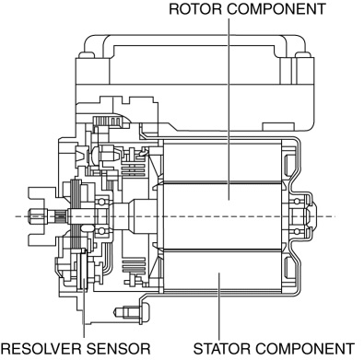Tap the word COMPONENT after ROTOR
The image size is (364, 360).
coord(276,9)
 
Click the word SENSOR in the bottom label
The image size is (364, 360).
coord(119,349)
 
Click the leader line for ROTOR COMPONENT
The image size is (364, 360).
coord(229,109)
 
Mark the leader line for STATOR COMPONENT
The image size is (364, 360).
coord(219,307)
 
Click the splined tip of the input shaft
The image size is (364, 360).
coord(38,216)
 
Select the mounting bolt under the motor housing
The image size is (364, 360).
coord(131,312)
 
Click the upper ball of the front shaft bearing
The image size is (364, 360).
coord(100,202)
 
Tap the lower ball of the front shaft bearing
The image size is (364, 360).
coord(100,231)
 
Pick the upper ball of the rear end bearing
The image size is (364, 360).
coord(297,202)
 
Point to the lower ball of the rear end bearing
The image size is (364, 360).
coord(297,231)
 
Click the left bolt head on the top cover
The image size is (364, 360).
coord(87,55)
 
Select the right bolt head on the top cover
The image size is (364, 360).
coord(303,55)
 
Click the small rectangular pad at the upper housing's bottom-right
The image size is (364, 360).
coord(278,127)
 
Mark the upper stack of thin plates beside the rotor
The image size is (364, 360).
coord(134,170)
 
